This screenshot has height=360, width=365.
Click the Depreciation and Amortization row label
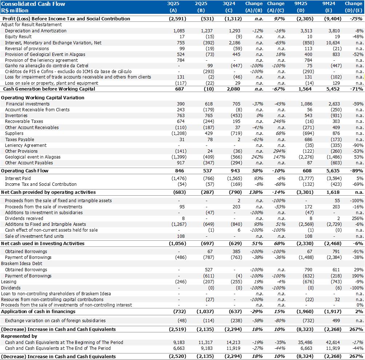36,31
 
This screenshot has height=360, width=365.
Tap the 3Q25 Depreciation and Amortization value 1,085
179,31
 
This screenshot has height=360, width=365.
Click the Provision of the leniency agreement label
41,60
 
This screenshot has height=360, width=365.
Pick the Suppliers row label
14,133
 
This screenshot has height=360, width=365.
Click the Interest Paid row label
18,179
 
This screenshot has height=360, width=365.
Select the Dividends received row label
24,219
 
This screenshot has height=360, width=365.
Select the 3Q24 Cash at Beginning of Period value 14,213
232,343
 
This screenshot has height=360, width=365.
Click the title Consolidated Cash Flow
33,4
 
